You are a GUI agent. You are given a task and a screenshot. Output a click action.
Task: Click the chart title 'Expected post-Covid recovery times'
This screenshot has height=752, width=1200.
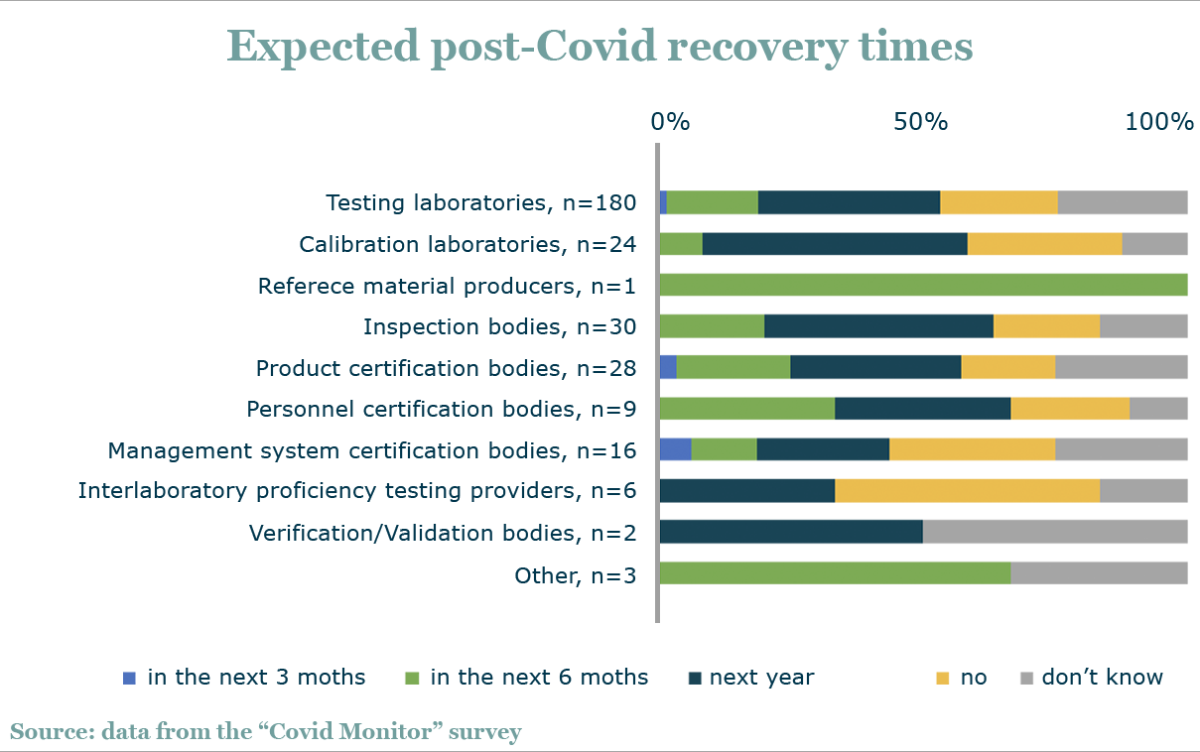pos(600,47)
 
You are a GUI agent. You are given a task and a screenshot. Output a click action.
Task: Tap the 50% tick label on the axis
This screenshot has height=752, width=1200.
pos(920,122)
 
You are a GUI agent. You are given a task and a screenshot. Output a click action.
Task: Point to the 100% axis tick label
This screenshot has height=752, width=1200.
pos(1158,122)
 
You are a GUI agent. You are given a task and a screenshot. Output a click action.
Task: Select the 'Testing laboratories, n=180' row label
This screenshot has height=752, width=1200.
pos(480,203)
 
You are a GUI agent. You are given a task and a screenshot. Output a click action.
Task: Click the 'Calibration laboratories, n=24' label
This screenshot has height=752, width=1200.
pos(467,244)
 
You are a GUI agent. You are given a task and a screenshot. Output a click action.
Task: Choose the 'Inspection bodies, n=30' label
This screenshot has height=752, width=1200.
pos(499,327)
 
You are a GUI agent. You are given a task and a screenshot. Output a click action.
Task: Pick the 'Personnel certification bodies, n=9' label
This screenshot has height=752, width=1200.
pos(441,409)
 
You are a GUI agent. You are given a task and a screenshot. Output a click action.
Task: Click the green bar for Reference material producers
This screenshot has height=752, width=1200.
pos(923,285)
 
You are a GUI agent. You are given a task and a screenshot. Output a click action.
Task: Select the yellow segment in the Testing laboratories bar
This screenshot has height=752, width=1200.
pos(999,202)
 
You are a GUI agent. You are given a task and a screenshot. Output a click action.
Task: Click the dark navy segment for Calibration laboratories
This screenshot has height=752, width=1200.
pos(835,244)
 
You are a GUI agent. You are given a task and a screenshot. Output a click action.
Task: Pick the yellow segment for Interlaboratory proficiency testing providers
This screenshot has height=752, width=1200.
pos(967,491)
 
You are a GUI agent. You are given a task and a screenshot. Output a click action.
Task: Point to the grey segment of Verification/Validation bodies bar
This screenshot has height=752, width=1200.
pos(1055,533)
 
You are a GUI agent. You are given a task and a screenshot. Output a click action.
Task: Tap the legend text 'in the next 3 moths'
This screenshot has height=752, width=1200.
pos(256,678)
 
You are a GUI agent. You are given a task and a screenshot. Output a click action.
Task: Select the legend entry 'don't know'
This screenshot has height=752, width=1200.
pos(1102,678)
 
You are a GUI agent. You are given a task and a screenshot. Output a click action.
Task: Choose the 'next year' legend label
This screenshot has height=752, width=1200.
pos(769,678)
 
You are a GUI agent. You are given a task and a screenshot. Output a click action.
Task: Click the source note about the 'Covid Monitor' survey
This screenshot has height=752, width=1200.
pos(266,732)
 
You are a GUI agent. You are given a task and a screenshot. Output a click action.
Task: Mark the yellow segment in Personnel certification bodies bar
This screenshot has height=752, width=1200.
pos(1069,409)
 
